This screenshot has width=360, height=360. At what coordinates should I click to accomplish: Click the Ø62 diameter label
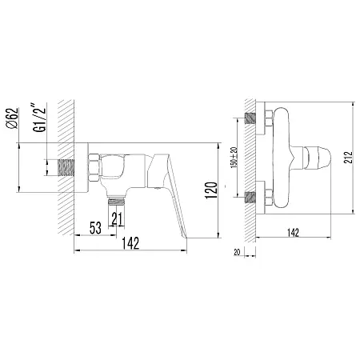tap(13, 118)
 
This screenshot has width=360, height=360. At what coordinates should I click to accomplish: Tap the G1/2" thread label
tap(39, 119)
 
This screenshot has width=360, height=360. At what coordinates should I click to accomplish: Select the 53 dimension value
tap(95, 228)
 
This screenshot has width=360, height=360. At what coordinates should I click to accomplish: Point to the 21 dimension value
tap(117, 219)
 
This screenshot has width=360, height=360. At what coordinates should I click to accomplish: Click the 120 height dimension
tap(211, 190)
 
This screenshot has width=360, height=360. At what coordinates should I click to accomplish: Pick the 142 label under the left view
tap(130, 243)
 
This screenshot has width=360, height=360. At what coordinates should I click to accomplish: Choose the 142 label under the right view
tap(293, 233)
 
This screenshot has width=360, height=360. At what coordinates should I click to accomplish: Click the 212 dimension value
tap(348, 158)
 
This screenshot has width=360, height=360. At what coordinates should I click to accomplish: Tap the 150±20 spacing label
tap(234, 158)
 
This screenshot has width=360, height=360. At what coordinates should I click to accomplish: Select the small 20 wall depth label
tap(237, 252)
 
